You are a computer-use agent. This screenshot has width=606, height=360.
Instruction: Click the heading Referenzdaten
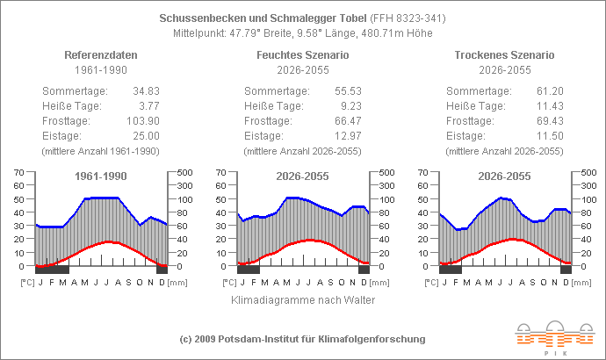(101, 54)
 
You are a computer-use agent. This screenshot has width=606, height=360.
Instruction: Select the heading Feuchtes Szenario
(303, 54)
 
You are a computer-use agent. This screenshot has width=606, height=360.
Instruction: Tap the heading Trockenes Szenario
(505, 54)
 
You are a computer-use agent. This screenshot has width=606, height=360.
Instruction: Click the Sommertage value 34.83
(145, 90)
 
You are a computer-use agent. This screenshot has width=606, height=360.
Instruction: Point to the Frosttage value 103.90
(142, 120)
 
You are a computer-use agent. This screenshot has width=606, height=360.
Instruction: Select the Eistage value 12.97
(347, 135)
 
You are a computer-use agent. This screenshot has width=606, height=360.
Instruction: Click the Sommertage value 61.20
(549, 90)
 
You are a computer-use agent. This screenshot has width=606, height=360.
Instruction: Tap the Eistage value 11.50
(549, 135)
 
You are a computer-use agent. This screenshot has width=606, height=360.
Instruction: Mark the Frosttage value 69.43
(549, 120)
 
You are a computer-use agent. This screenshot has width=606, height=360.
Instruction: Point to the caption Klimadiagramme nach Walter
(303, 300)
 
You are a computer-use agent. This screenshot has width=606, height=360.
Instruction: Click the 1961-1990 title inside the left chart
(101, 176)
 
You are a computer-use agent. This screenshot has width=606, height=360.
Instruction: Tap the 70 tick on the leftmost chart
(18, 172)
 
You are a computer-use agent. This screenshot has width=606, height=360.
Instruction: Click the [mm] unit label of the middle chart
(379, 283)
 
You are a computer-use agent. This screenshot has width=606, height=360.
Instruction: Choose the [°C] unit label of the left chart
(27, 283)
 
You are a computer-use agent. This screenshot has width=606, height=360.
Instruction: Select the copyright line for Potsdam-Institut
(302, 338)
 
